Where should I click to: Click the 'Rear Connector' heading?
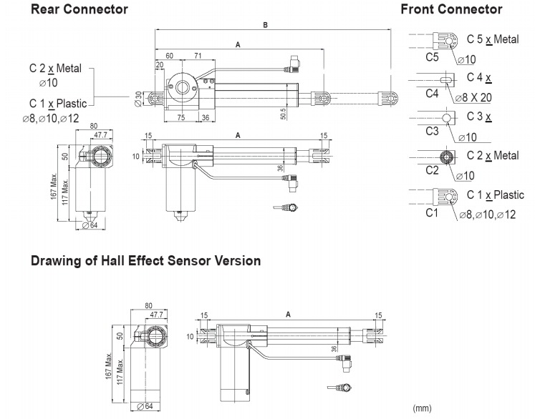79,9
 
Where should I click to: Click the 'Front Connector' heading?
451,9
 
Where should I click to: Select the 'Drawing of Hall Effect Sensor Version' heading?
145,261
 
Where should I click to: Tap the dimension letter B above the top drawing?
265,25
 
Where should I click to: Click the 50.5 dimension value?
284,114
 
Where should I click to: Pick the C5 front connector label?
432,56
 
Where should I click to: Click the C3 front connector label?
432,131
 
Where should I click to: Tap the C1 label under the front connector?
432,212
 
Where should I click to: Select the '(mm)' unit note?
423,408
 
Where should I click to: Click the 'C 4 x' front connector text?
483,77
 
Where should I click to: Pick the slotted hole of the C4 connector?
445,79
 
